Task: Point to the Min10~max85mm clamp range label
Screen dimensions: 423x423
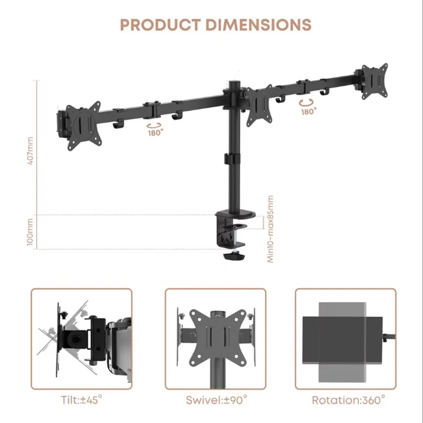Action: [270, 228]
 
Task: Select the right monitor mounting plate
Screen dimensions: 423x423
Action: [374, 80]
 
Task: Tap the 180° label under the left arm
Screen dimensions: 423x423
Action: [155, 133]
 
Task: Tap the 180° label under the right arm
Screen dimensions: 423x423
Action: [308, 112]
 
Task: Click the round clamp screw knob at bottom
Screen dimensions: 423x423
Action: [233, 256]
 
